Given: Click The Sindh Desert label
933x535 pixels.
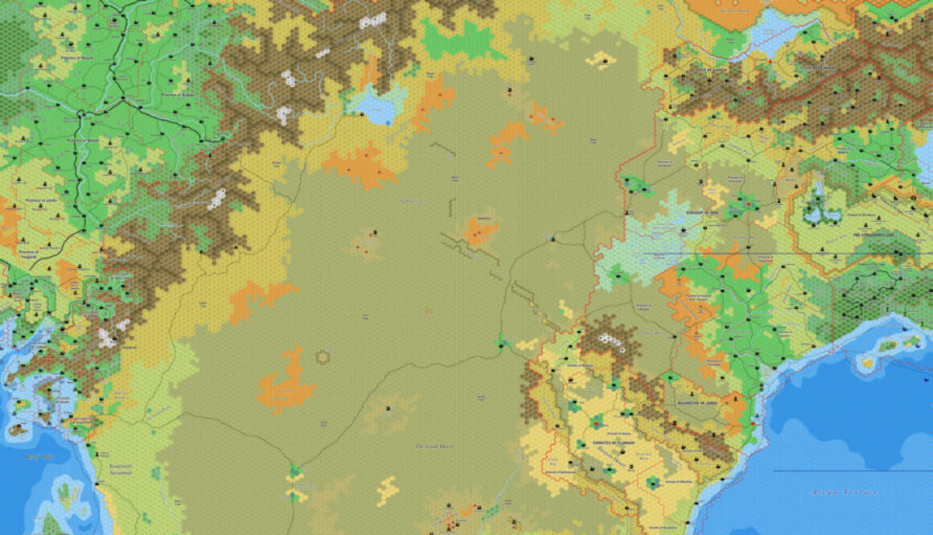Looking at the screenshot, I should pos(434,446).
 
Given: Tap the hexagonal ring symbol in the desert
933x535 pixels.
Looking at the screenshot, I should pos(323,356).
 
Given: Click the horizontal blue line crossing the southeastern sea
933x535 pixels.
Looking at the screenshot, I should pos(853,471).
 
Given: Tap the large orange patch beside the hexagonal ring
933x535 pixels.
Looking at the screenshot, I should pos(286,384).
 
